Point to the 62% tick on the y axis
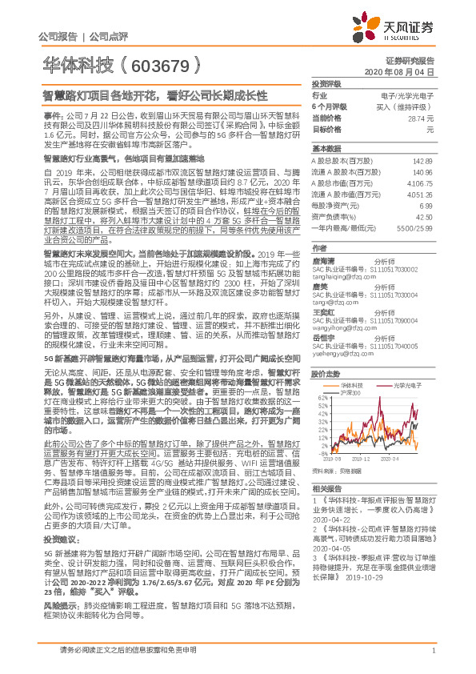coord(322,399)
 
